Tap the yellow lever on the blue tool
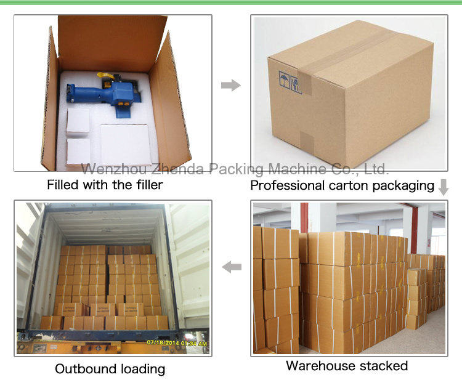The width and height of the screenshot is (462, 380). tap(105, 76)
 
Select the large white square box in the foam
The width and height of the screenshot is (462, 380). tap(125, 144)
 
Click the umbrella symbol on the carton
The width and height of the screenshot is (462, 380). tap(284, 79)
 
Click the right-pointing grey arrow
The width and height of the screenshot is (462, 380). tap(231, 85)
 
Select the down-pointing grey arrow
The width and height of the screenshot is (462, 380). tap(444, 187)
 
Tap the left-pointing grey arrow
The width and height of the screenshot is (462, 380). tap(232, 267)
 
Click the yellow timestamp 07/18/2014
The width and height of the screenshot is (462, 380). tap(163, 342)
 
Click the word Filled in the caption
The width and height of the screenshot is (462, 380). tap(63, 185)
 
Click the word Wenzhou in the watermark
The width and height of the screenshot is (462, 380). tap(114, 169)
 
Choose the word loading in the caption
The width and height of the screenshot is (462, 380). tap(143, 370)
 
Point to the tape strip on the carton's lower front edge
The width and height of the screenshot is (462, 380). tap(306, 140)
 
